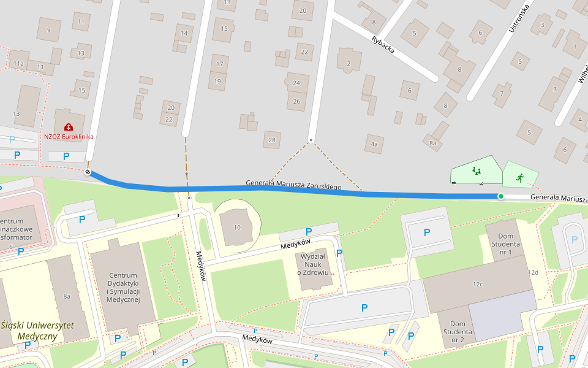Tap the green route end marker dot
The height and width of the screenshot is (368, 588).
[500, 196]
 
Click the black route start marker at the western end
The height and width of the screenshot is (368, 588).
[88, 172]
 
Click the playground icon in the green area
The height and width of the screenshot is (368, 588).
[477, 171]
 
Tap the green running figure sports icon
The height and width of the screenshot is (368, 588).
[519, 177]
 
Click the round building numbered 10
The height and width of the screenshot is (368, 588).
[237, 227]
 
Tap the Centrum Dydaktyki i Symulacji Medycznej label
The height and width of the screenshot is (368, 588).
[123, 286]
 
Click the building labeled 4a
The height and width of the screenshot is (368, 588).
[374, 145]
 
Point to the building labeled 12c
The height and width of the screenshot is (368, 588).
[477, 284]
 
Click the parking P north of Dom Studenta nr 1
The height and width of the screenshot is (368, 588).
[427, 232]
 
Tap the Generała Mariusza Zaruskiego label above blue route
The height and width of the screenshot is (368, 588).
[293, 184]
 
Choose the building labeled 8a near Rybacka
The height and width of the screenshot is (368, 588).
[433, 143]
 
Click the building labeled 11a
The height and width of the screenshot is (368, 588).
[18, 63]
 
